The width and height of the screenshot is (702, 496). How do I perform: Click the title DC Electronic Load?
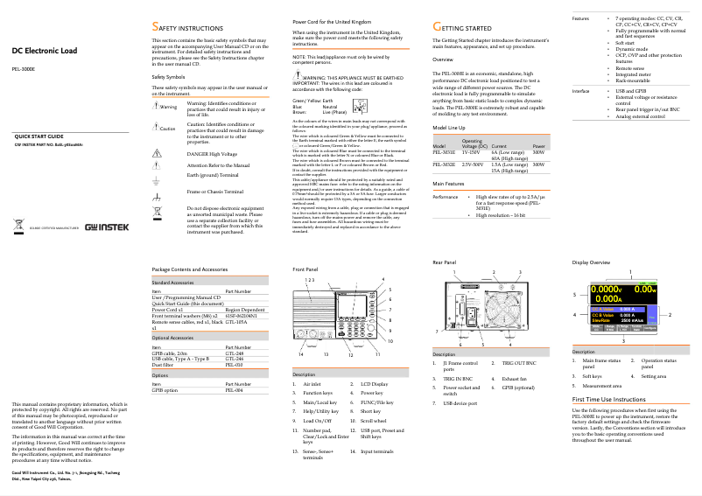tap(44, 50)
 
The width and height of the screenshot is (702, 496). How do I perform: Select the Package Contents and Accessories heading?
tap(190, 269)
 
